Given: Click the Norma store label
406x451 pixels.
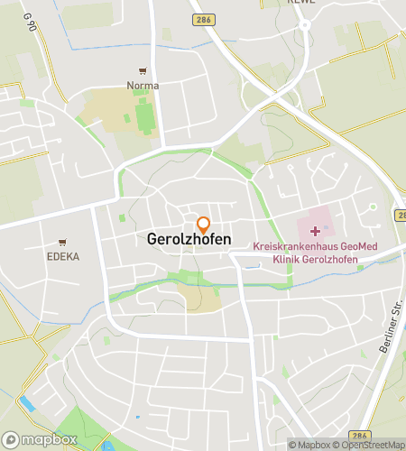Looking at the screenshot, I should click(143, 86).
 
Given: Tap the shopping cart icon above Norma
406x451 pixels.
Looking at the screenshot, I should click(143, 70).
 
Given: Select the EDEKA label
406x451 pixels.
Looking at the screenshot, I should click(63, 256).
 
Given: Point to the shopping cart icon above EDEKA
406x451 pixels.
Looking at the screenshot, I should click(62, 242).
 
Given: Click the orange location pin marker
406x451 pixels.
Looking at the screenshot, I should click(204, 224).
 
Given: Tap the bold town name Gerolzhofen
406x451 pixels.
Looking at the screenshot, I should click(189, 241).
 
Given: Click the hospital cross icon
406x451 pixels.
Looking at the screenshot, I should click(315, 232).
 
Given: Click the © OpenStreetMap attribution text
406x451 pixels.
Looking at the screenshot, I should click(371, 445).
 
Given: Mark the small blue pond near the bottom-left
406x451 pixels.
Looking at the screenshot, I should click(27, 404).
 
